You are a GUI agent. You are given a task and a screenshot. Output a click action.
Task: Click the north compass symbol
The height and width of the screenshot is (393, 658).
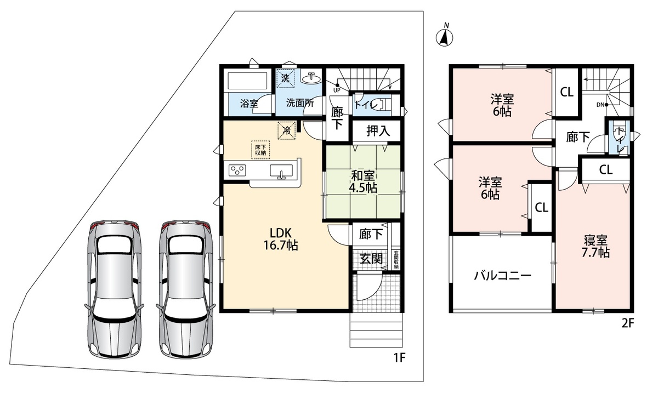[x=445, y=37]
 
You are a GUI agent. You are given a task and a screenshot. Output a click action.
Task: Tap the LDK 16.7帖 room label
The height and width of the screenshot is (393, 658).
[x=281, y=240]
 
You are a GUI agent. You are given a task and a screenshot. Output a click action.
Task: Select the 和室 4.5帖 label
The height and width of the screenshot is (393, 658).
[x=363, y=182]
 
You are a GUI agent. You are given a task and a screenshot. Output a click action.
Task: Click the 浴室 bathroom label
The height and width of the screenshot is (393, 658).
[x=249, y=104]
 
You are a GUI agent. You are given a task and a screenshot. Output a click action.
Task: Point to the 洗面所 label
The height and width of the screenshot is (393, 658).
[x=300, y=103]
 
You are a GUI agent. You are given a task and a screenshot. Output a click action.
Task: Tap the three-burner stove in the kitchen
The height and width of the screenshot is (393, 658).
[x=237, y=170]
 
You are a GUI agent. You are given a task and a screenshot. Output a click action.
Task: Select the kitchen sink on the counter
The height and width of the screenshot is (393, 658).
[x=281, y=171]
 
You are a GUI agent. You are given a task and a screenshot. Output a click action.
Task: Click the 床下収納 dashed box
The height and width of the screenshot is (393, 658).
[x=260, y=150]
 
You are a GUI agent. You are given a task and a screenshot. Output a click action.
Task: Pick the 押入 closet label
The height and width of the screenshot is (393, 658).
[x=378, y=130]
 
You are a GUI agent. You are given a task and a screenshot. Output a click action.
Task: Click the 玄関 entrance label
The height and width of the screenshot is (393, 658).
[x=371, y=259]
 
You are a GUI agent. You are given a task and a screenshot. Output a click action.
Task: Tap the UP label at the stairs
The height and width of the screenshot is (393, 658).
[x=337, y=90]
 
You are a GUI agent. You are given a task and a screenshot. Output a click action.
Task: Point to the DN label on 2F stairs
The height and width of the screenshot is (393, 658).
[x=600, y=105]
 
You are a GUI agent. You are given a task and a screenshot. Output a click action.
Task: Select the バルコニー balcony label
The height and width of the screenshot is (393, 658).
[x=503, y=276]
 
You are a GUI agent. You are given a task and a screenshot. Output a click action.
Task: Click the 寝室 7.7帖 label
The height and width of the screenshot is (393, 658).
[x=595, y=247]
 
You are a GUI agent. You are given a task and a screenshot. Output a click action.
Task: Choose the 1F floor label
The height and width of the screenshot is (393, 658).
[x=399, y=357]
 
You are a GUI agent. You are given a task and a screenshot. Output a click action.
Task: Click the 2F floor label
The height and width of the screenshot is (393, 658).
[x=628, y=323]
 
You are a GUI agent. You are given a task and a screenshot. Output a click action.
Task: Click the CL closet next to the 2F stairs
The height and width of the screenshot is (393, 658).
[x=566, y=93]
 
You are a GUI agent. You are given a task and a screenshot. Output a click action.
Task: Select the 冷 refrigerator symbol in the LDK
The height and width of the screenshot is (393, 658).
[x=287, y=130]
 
